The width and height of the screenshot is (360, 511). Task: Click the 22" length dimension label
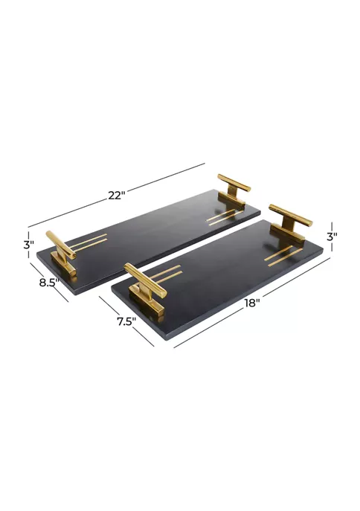coord(117,195)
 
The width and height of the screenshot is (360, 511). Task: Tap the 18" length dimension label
coord(252,303)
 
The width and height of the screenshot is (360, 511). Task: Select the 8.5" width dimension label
coord(49,283)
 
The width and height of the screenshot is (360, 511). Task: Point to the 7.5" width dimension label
coord(126,321)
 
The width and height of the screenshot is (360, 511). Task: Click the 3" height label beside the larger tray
coord(29,245)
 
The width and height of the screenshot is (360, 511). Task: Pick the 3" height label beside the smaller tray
coord(332,237)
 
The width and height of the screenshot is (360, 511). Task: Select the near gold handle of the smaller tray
coord(146,289)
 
